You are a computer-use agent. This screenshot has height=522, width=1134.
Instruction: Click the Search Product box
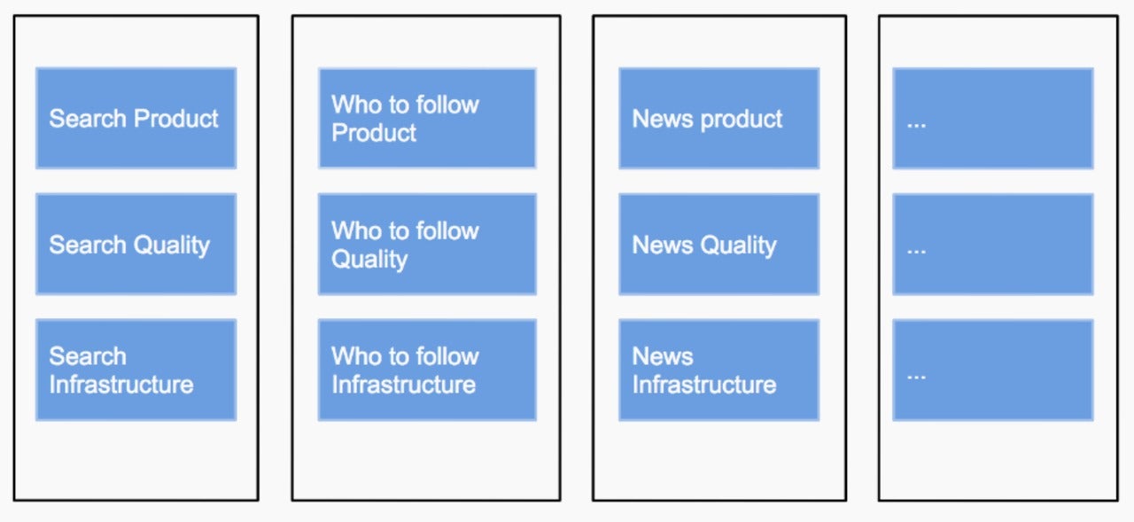pos(136,118)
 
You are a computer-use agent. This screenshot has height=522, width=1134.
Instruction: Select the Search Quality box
pos(136,244)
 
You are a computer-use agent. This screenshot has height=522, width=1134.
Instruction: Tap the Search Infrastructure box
pos(136,370)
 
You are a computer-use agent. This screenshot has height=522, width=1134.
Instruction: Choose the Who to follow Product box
pos(427,118)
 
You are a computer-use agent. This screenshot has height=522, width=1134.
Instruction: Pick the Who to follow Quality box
pos(427,244)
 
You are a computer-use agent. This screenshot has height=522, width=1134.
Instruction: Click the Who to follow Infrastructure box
pos(427,370)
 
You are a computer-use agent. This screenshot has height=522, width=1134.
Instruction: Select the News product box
pos(718,118)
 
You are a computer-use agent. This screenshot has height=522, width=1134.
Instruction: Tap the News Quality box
pos(718,244)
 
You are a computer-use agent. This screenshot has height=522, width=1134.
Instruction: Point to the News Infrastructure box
pos(718,370)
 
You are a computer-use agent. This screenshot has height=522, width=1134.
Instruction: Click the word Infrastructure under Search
pos(121,385)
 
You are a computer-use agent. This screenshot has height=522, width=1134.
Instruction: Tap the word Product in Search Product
pos(176,119)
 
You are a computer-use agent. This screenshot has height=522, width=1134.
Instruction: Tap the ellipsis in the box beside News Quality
pos(916,251)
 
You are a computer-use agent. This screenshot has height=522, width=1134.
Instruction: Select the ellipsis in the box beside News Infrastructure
pos(916,377)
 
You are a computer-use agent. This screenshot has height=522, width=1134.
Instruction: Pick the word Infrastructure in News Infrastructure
pos(704,385)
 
